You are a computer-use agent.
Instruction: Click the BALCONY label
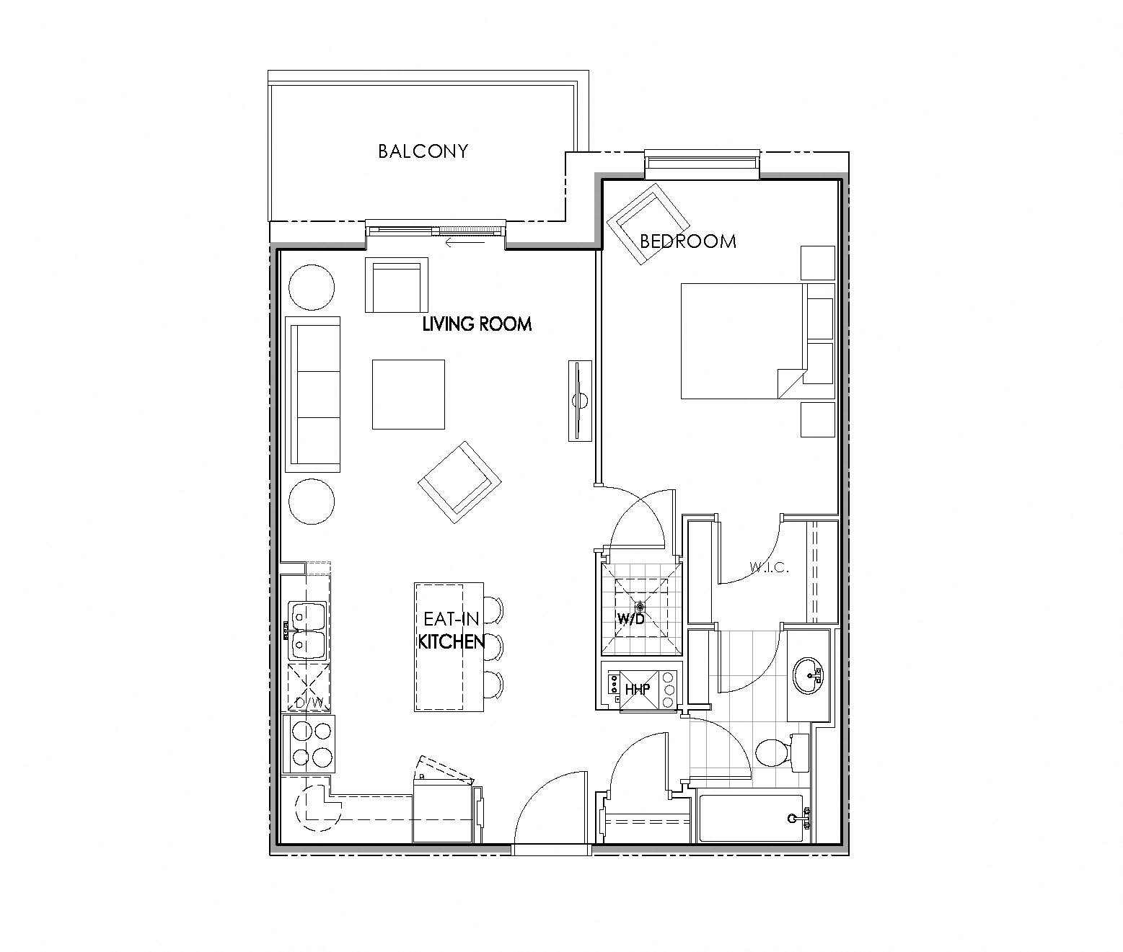coord(423,151)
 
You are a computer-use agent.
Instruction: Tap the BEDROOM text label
coord(688,241)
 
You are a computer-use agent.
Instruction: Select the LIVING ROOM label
coord(477,324)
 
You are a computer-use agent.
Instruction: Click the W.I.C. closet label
coord(769,567)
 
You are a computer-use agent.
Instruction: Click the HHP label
coord(638,689)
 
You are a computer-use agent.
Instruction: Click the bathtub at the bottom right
coord(752,818)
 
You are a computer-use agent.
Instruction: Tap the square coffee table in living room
coord(408,394)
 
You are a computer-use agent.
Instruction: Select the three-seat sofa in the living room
coord(314,394)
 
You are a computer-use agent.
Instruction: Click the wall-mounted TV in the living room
coord(578,401)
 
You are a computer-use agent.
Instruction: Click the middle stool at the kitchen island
coord(493,646)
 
